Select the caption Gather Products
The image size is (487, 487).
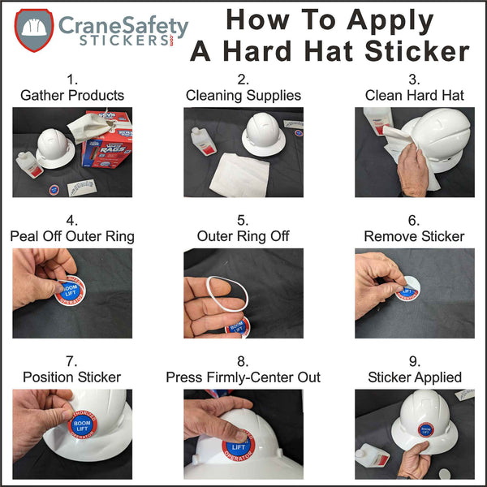coord(72,95)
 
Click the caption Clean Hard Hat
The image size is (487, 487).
coord(414,95)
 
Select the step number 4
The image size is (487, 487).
coord(72,220)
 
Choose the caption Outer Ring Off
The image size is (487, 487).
coord(243,236)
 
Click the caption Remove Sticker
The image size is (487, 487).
coord(414,236)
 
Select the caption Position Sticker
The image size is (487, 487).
coord(72,377)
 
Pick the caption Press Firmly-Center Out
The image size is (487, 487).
coord(243,377)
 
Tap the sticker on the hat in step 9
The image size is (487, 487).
coord(427,431)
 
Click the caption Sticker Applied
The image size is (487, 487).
coord(414,377)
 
